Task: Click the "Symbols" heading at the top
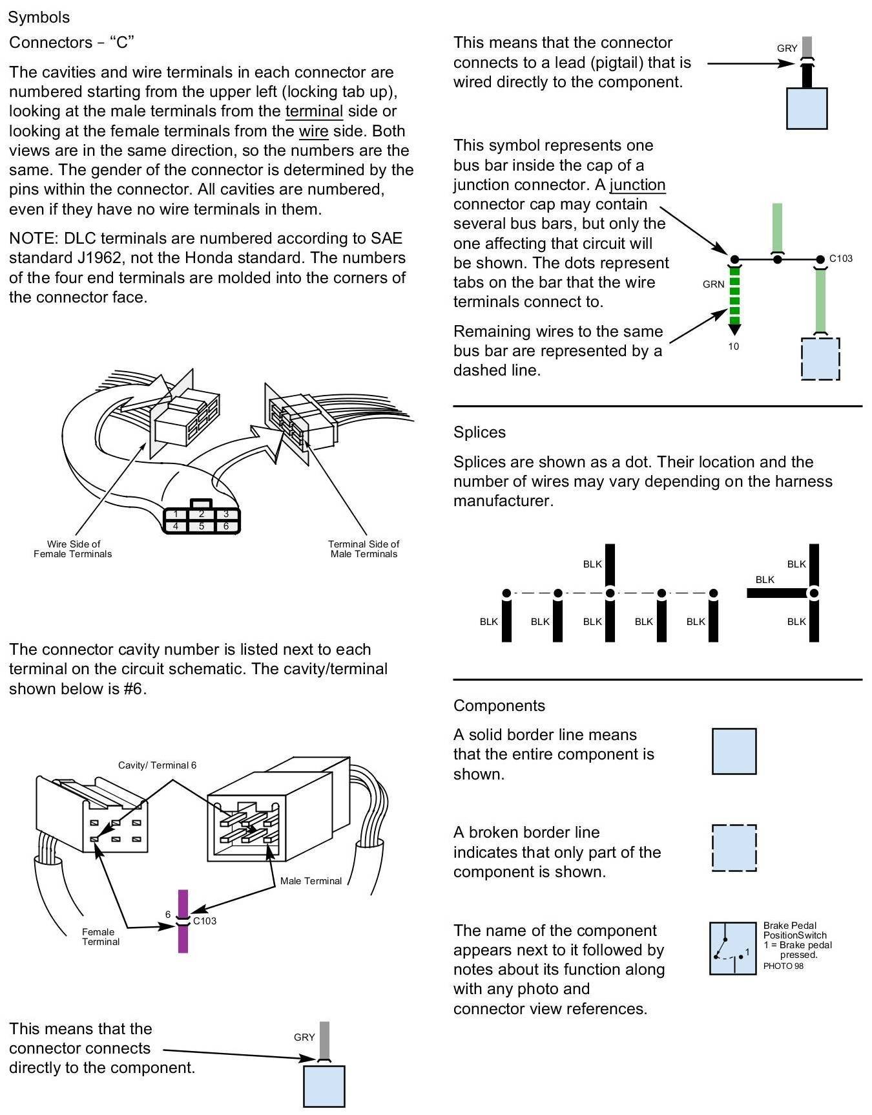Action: tap(39, 17)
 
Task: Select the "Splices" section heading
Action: tap(479, 432)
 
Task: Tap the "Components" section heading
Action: tap(499, 706)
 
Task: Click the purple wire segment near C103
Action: tap(183, 939)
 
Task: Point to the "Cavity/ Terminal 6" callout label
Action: tap(157, 765)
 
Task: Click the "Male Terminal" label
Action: tap(311, 881)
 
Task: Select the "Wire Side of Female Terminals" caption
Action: tap(73, 549)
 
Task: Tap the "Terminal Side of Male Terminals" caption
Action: tap(364, 549)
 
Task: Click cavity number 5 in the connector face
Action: tap(202, 526)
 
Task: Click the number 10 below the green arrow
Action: tap(734, 346)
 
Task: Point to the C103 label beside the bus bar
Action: tap(841, 259)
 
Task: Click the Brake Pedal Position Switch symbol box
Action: tap(732, 948)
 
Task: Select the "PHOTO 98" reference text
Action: tap(783, 966)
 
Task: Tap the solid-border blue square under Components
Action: tap(734, 751)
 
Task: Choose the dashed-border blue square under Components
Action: tap(734, 847)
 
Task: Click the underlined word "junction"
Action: tap(638, 185)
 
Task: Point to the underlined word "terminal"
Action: tap(314, 111)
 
